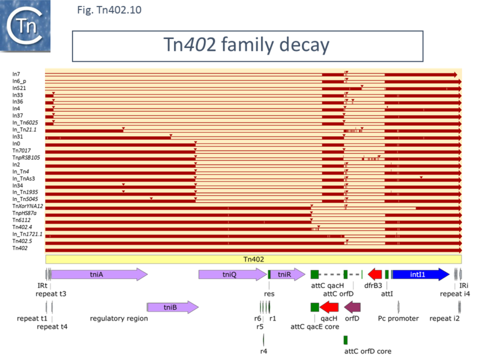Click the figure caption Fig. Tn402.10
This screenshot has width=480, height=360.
point(110,10)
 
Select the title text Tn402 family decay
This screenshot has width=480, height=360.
point(247,45)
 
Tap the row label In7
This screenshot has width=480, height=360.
point(16,74)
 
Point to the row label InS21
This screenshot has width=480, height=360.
point(18,88)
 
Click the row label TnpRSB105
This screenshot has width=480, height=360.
point(26,157)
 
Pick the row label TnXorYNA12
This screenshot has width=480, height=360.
point(28,206)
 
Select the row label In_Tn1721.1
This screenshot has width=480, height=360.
point(28,234)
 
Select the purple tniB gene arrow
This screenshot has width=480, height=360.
point(172,308)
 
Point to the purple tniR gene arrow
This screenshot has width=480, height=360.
point(284,274)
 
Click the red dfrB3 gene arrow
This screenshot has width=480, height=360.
point(375,274)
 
